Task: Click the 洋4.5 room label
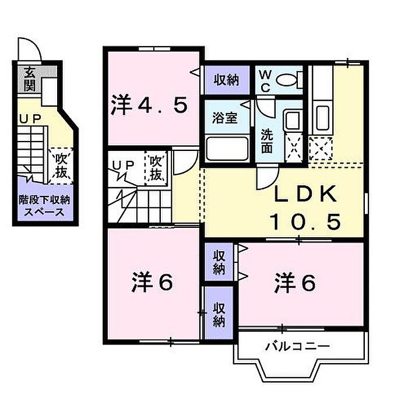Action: pyautogui.click(x=149, y=105)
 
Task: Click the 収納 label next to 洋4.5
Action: pyautogui.click(x=226, y=80)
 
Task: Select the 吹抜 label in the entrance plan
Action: pyautogui.click(x=61, y=166)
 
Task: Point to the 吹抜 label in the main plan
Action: pyautogui.click(x=155, y=168)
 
